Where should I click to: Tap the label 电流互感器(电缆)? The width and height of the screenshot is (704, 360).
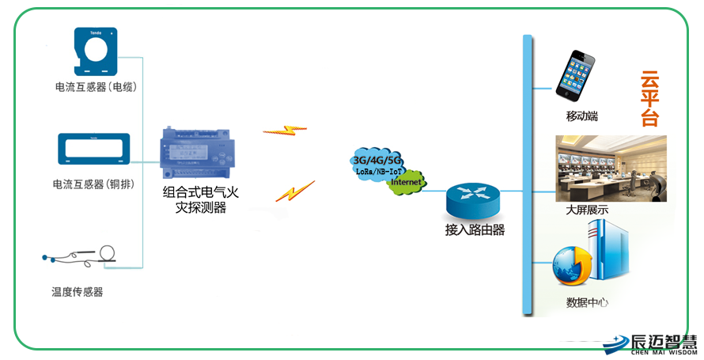[x=95, y=87]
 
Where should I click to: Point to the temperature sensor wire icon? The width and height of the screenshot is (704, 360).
[x=81, y=256]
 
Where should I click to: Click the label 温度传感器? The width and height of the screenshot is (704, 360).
[x=78, y=292]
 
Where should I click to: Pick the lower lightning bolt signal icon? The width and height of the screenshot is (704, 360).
[x=294, y=191]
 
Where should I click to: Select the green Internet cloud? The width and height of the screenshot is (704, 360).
[x=407, y=181]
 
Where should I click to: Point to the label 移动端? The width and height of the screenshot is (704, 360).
[x=581, y=116]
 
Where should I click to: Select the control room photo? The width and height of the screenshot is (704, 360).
[x=611, y=169]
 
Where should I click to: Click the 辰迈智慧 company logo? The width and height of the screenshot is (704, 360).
[x=650, y=343]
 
